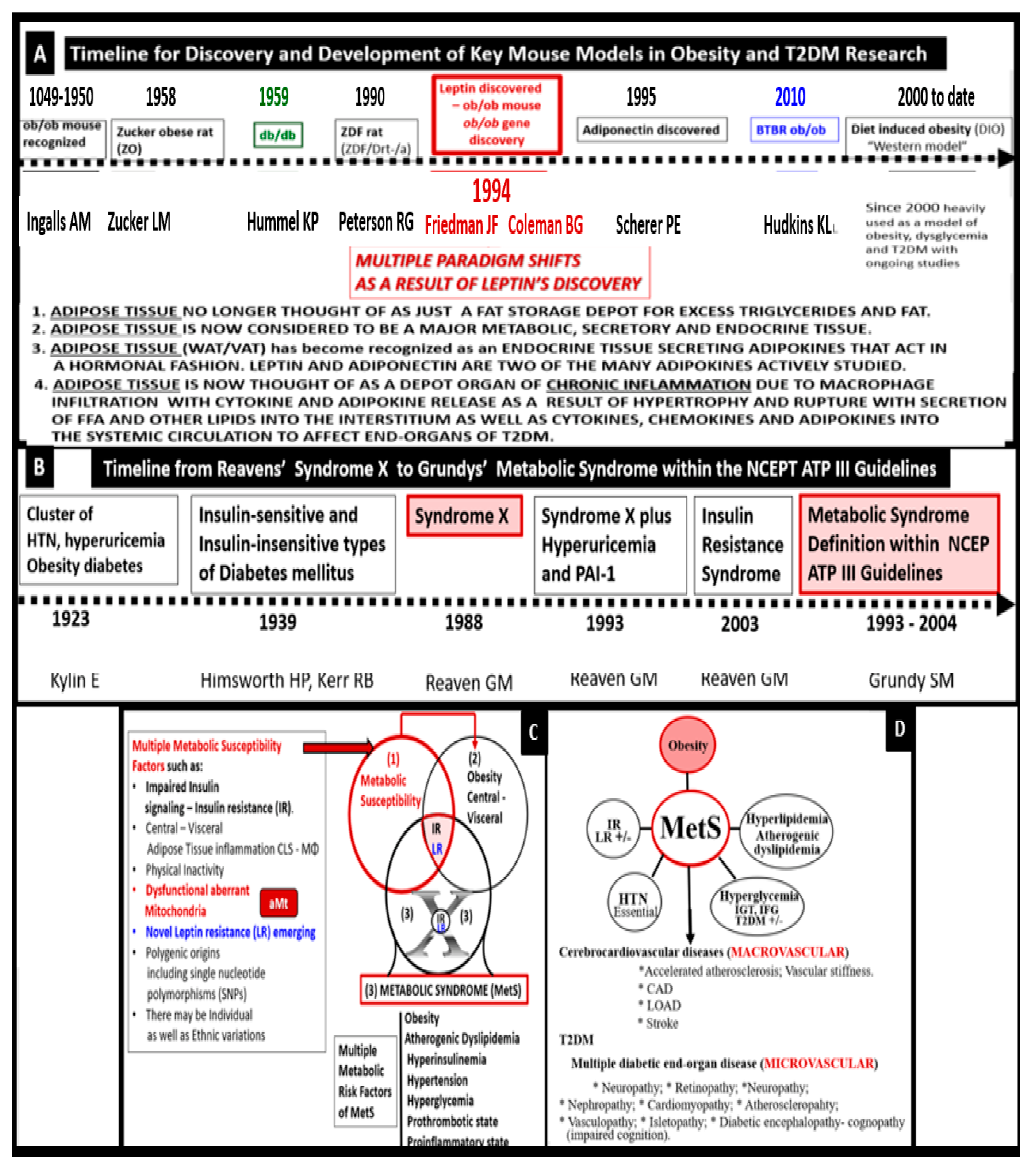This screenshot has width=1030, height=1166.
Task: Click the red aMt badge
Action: point(278,903)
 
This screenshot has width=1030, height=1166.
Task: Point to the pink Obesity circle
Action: point(687,745)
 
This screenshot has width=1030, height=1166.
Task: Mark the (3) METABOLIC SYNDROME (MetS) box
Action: point(444,990)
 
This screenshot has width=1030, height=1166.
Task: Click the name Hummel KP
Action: point(282,222)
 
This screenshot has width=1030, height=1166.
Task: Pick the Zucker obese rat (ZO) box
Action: point(166,139)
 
